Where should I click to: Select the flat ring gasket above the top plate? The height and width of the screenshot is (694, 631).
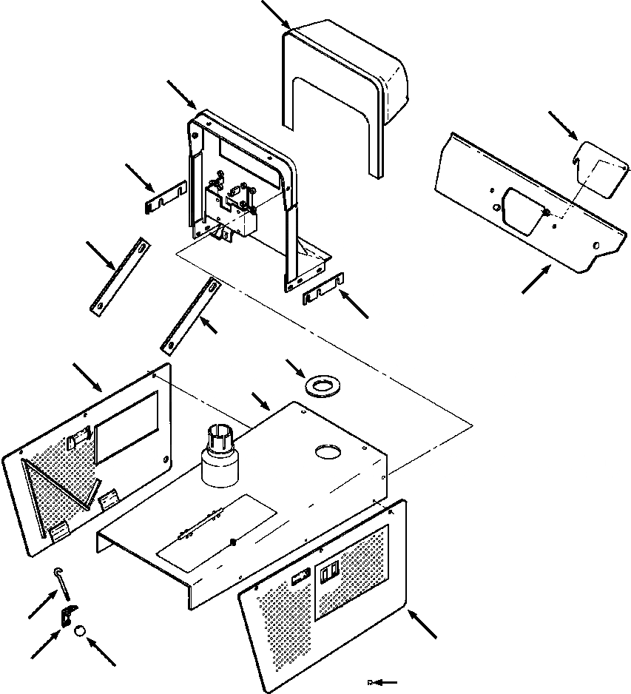[x=323, y=385]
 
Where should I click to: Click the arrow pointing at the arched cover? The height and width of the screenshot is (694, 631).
[x=277, y=14]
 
